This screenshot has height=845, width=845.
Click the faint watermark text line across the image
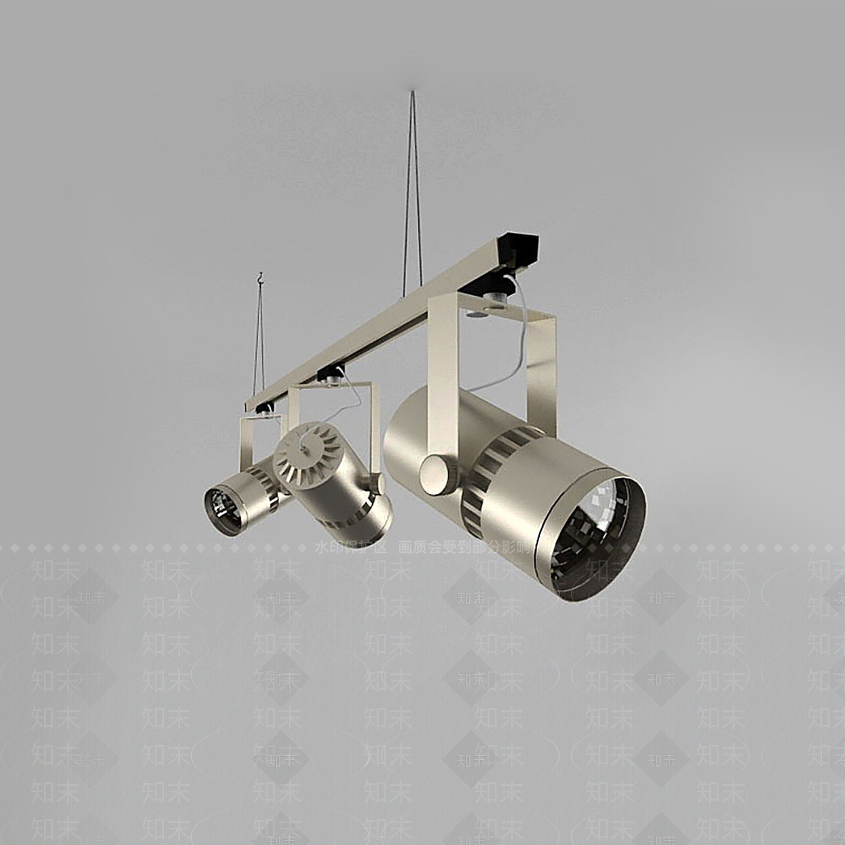point(422,548)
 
